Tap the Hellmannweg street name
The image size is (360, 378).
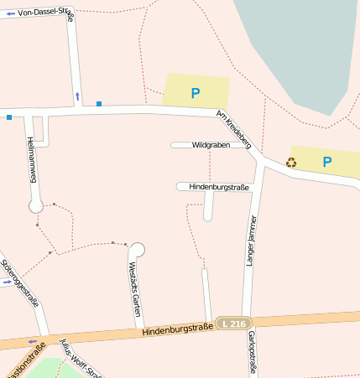pos(32,159)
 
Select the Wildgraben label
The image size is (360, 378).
pos(210,145)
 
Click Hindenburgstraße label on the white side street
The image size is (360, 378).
pos(219,187)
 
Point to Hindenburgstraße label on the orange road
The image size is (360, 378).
pos(177,330)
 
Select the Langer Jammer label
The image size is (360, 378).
pos(249,241)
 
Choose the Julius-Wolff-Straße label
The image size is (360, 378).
pos(81,359)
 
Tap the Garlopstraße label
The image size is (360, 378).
pos(251,352)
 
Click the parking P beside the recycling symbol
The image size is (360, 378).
pos(327,162)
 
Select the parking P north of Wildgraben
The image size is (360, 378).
pos(196,93)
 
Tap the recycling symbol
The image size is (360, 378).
pos(291,162)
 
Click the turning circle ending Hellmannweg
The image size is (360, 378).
pos(36,205)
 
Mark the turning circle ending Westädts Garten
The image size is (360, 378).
pos(137,249)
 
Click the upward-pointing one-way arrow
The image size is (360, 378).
pos(78,96)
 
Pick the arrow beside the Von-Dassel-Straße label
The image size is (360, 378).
pos(10,14)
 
